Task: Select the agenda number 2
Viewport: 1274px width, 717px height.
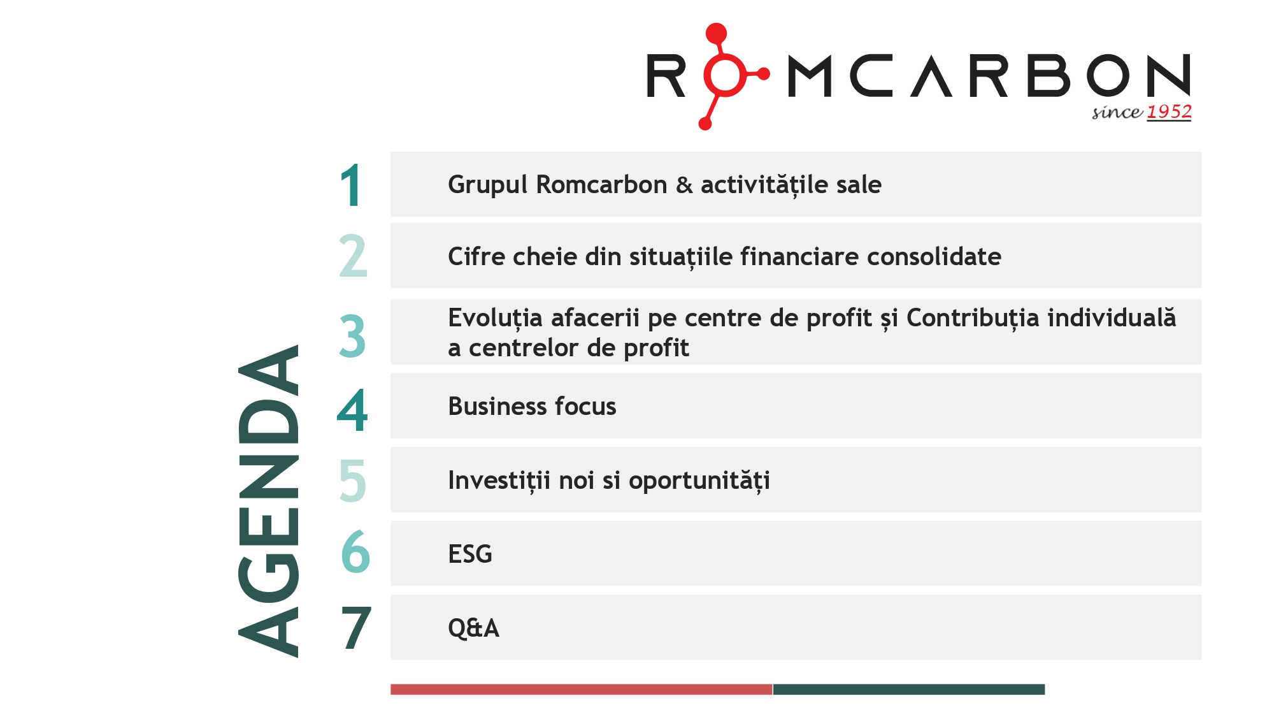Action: (x=353, y=256)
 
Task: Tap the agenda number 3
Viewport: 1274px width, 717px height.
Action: (x=352, y=336)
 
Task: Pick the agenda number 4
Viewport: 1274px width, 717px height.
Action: (x=352, y=410)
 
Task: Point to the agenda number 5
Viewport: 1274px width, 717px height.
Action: (x=352, y=481)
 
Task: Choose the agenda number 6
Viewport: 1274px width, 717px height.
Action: (x=355, y=552)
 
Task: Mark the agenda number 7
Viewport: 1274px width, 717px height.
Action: (x=355, y=628)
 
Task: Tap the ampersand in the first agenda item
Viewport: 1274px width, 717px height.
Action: (x=684, y=185)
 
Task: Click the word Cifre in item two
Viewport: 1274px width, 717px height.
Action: (x=476, y=257)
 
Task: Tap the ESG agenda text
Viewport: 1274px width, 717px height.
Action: (x=470, y=554)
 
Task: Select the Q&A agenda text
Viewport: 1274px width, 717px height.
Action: (x=473, y=628)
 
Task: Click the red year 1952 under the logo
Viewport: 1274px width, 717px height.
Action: (x=1169, y=112)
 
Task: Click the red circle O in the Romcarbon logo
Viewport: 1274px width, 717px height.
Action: (x=724, y=75)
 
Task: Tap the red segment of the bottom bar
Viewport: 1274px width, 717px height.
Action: (x=581, y=689)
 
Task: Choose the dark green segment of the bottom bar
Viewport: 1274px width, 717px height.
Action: (x=908, y=689)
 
